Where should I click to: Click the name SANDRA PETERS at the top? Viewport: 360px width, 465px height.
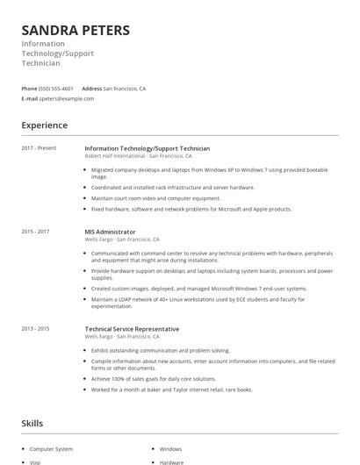click(76, 30)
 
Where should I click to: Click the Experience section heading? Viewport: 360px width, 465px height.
click(45, 125)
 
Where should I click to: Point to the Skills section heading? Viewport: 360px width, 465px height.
click(32, 423)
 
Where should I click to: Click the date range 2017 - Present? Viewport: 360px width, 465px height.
click(39, 148)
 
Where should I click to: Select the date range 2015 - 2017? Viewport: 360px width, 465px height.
click(36, 232)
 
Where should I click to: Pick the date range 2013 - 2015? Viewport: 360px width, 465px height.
click(36, 328)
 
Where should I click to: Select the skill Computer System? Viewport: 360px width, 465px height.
click(52, 448)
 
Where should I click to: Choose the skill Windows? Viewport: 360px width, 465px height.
click(170, 448)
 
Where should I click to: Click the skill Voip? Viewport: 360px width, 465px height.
click(35, 462)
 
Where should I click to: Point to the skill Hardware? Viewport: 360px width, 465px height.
click(171, 462)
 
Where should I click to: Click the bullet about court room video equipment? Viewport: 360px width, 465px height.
click(155, 198)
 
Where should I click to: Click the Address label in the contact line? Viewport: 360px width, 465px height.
click(91, 89)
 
